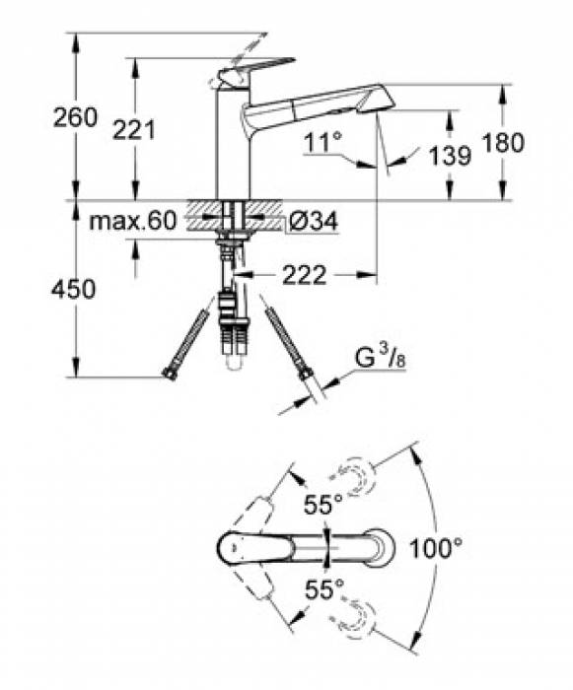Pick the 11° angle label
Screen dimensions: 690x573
(x=323, y=143)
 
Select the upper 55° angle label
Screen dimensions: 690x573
(x=323, y=506)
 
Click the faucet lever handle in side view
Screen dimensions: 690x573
(x=256, y=69)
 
